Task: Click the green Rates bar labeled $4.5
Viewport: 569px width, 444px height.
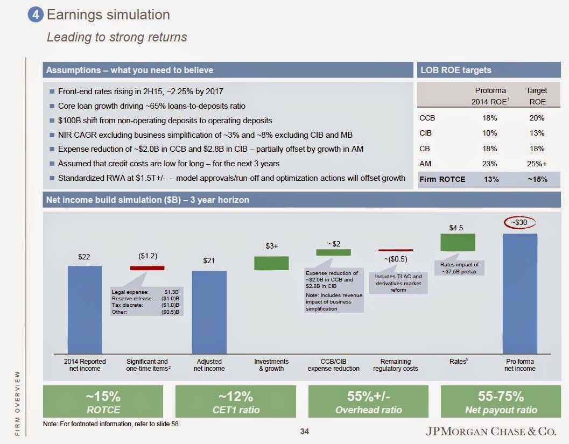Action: [x=458, y=242]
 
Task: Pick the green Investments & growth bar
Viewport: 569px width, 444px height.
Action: [x=271, y=263]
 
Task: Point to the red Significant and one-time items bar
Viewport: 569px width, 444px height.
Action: [x=147, y=267]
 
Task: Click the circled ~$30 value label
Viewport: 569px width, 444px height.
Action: [x=519, y=222]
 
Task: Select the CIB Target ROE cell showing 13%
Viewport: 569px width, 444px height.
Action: [x=537, y=133]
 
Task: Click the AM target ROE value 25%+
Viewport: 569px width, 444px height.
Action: [x=537, y=164]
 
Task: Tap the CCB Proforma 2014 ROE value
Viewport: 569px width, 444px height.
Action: [x=490, y=118]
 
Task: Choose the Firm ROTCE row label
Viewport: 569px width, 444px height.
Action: [x=442, y=179]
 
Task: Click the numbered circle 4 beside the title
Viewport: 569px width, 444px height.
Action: [x=36, y=15]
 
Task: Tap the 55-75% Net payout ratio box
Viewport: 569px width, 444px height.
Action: [x=501, y=402]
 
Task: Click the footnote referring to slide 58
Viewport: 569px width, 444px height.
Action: [x=110, y=424]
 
